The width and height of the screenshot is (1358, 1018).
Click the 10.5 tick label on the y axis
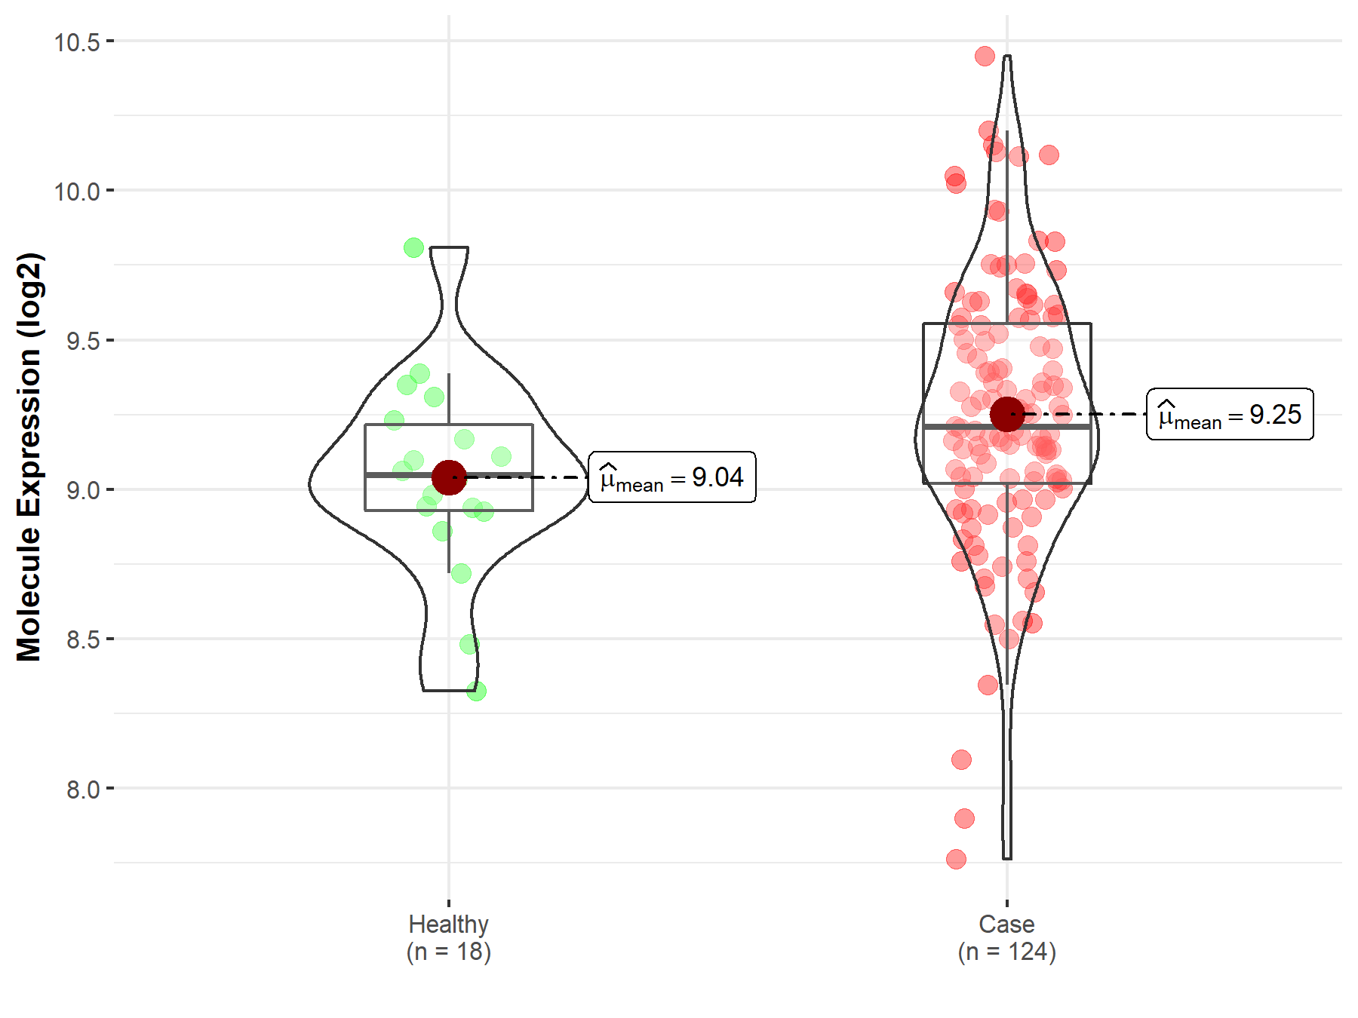point(77,42)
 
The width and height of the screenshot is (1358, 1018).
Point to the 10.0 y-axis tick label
point(77,192)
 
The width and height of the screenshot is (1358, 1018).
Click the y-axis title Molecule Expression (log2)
point(29,456)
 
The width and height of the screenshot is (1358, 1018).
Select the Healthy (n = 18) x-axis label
point(449,937)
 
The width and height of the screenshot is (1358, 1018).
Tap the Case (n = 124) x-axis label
point(1006,937)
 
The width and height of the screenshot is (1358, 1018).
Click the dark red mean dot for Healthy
point(449,477)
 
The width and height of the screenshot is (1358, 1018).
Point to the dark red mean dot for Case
point(1007,414)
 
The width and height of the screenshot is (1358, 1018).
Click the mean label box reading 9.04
point(671,477)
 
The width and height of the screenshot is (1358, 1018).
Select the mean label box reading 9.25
point(1230,414)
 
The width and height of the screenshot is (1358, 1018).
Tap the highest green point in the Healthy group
point(413,247)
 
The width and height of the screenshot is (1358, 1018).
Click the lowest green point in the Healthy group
point(476,691)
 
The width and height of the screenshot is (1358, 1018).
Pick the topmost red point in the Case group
point(985,56)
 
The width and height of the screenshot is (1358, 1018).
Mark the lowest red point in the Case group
point(956,859)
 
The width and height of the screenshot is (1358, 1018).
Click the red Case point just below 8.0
point(964,818)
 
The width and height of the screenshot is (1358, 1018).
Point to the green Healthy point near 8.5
point(469,644)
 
